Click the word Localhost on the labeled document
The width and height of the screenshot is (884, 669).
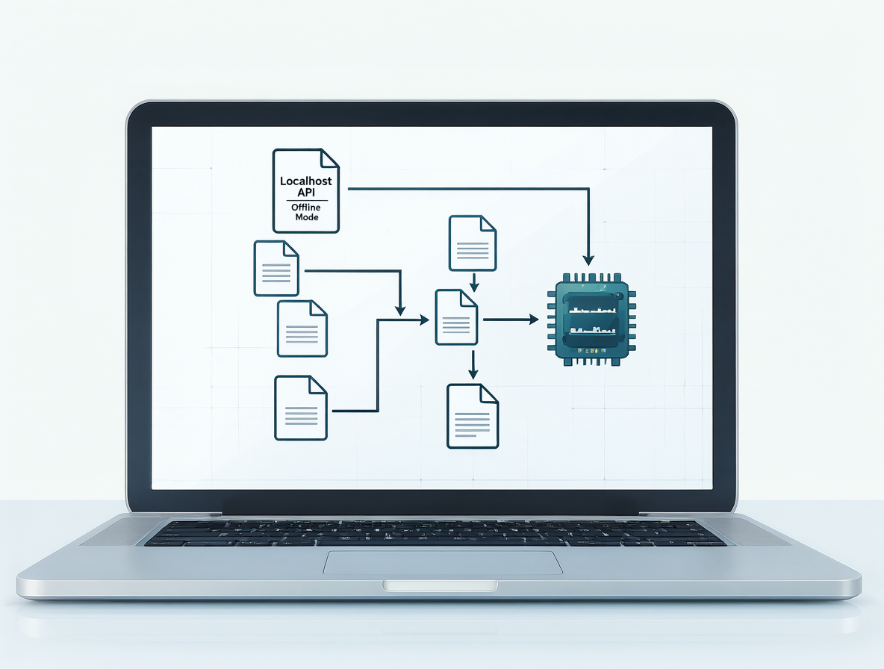pyautogui.click(x=306, y=181)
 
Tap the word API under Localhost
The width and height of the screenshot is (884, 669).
pyautogui.click(x=306, y=193)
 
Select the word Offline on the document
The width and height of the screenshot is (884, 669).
pyautogui.click(x=306, y=208)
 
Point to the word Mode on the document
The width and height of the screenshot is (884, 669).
pyautogui.click(x=307, y=217)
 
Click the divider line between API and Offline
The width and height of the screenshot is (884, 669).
pyautogui.click(x=307, y=201)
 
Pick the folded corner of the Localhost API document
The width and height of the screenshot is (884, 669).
pyautogui.click(x=330, y=158)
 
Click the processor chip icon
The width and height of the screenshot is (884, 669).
pyautogui.click(x=591, y=320)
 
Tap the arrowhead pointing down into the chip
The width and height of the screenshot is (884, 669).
pyautogui.click(x=588, y=260)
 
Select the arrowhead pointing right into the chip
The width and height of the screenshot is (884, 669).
pyautogui.click(x=533, y=320)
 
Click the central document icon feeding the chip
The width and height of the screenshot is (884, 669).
pyautogui.click(x=456, y=317)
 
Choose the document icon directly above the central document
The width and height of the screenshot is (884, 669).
pyautogui.click(x=473, y=243)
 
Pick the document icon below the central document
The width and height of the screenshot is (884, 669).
pyautogui.click(x=473, y=416)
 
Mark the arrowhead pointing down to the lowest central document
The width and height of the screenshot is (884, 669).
pyautogui.click(x=473, y=373)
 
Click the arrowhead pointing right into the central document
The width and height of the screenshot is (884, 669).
pyautogui.click(x=423, y=320)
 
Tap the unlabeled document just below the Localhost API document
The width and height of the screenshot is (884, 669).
pyautogui.click(x=276, y=268)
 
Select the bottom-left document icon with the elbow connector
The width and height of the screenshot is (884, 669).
pyautogui.click(x=300, y=408)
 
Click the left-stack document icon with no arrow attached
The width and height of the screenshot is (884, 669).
pyautogui.click(x=302, y=329)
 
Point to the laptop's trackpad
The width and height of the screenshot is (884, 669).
pyautogui.click(x=443, y=562)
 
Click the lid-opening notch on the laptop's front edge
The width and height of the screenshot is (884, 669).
pyautogui.click(x=441, y=585)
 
